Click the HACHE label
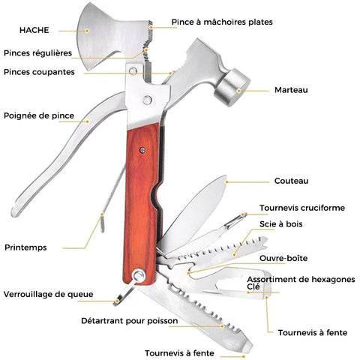click(34, 30)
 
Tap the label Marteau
click(291, 90)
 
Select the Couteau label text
click(291, 181)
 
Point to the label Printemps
click(25, 247)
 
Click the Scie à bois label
click(281, 224)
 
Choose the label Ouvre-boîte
click(283, 258)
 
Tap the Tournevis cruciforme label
click(302, 208)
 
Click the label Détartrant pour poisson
click(130, 321)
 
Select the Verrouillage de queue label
click(48, 294)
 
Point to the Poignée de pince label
click(39, 115)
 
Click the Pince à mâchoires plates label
click(222, 22)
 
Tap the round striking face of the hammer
click(234, 88)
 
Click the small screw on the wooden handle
click(142, 150)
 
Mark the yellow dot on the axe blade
click(87, 31)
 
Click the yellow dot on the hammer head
click(238, 91)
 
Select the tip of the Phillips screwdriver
click(244, 214)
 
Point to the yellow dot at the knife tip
click(226, 182)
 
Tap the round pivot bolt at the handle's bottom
click(139, 275)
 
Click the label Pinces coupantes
click(39, 72)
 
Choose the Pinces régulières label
click(37, 53)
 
